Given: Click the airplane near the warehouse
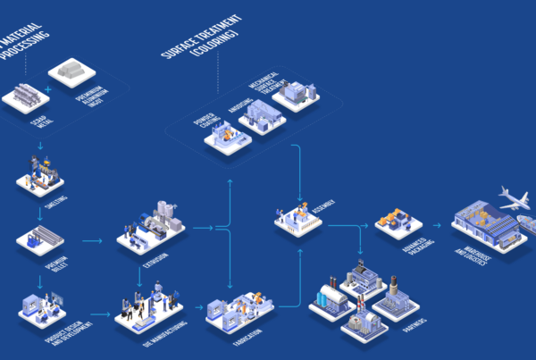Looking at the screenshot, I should pos(513,202).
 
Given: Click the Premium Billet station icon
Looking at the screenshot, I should pos(41,239).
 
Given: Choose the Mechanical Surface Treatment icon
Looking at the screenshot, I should pos(296,94).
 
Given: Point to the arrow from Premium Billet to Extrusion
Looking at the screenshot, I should pos(93,240).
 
